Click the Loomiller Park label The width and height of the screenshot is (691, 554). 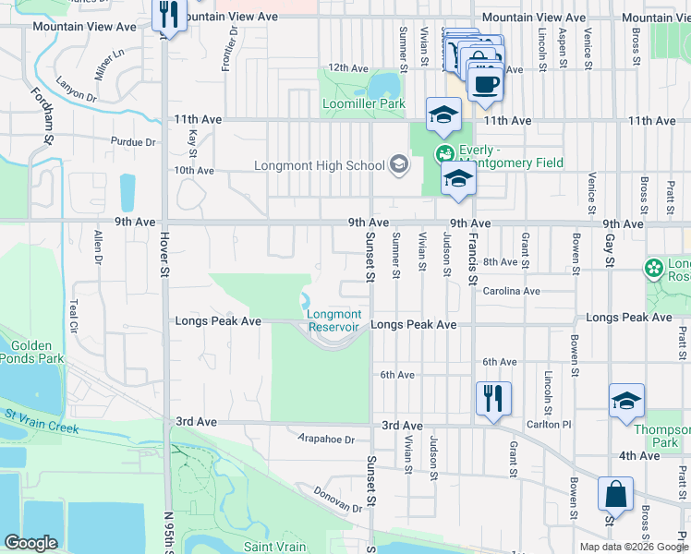[x=364, y=104]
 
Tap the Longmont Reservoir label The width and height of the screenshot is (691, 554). [x=333, y=320]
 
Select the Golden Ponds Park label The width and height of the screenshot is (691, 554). [x=31, y=351]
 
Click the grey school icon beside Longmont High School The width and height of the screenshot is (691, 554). [x=398, y=165]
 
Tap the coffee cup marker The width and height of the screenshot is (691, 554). [x=486, y=82]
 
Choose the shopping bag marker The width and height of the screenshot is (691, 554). [x=615, y=496]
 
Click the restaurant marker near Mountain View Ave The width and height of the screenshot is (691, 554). [x=167, y=16]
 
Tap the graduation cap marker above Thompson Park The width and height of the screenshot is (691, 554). [x=626, y=402]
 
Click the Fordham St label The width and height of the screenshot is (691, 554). [x=40, y=116]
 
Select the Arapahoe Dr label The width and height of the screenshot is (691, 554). [x=326, y=440]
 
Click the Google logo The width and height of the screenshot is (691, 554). [x=30, y=543]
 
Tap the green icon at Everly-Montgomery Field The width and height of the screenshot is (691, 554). [x=445, y=152]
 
